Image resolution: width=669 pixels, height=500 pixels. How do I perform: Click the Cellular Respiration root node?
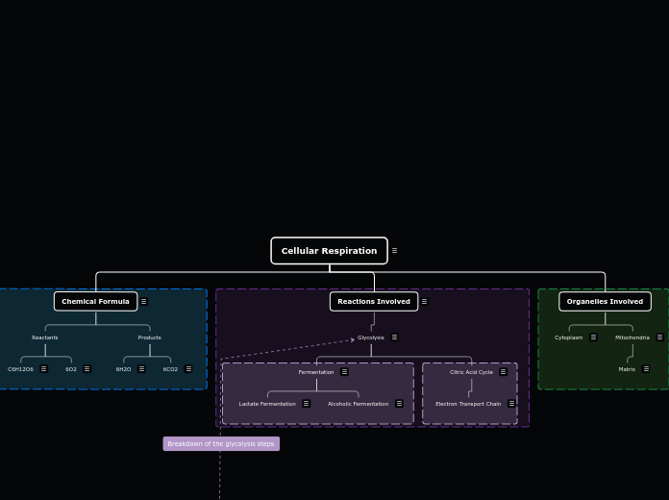pos(329,251)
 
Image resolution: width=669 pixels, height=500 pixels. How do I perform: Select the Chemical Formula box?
pos(95,301)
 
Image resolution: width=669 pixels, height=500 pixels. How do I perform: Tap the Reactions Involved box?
pos(373,301)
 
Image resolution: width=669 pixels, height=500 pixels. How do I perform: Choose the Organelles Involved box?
pos(605,301)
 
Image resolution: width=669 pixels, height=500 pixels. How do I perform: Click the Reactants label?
pos(45,337)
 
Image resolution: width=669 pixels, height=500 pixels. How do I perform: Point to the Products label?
pos(149,337)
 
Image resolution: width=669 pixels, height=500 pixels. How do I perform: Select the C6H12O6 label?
pos(20,369)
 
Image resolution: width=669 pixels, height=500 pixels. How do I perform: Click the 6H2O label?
pos(123,369)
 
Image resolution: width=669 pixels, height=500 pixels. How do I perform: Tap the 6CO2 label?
pos(170,369)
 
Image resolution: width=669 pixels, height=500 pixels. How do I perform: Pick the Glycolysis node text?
pos(370,337)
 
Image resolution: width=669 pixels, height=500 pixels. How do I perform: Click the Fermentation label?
pos(315,372)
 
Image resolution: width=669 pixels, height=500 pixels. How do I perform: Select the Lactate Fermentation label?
pos(267,404)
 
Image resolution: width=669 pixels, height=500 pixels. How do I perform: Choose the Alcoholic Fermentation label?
pos(358,404)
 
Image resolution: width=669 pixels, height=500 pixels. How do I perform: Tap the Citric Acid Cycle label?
pos(471,372)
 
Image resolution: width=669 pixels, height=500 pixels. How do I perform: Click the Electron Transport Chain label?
pos(468,404)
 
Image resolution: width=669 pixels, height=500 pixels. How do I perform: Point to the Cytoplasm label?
pos(568,337)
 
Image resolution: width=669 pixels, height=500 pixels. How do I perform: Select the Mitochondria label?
pos(632,337)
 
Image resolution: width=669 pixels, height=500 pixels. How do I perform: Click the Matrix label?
pos(627,369)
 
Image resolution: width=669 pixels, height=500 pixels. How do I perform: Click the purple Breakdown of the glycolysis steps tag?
pos(221,444)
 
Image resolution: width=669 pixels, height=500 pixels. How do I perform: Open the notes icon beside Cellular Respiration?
pos(394,251)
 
